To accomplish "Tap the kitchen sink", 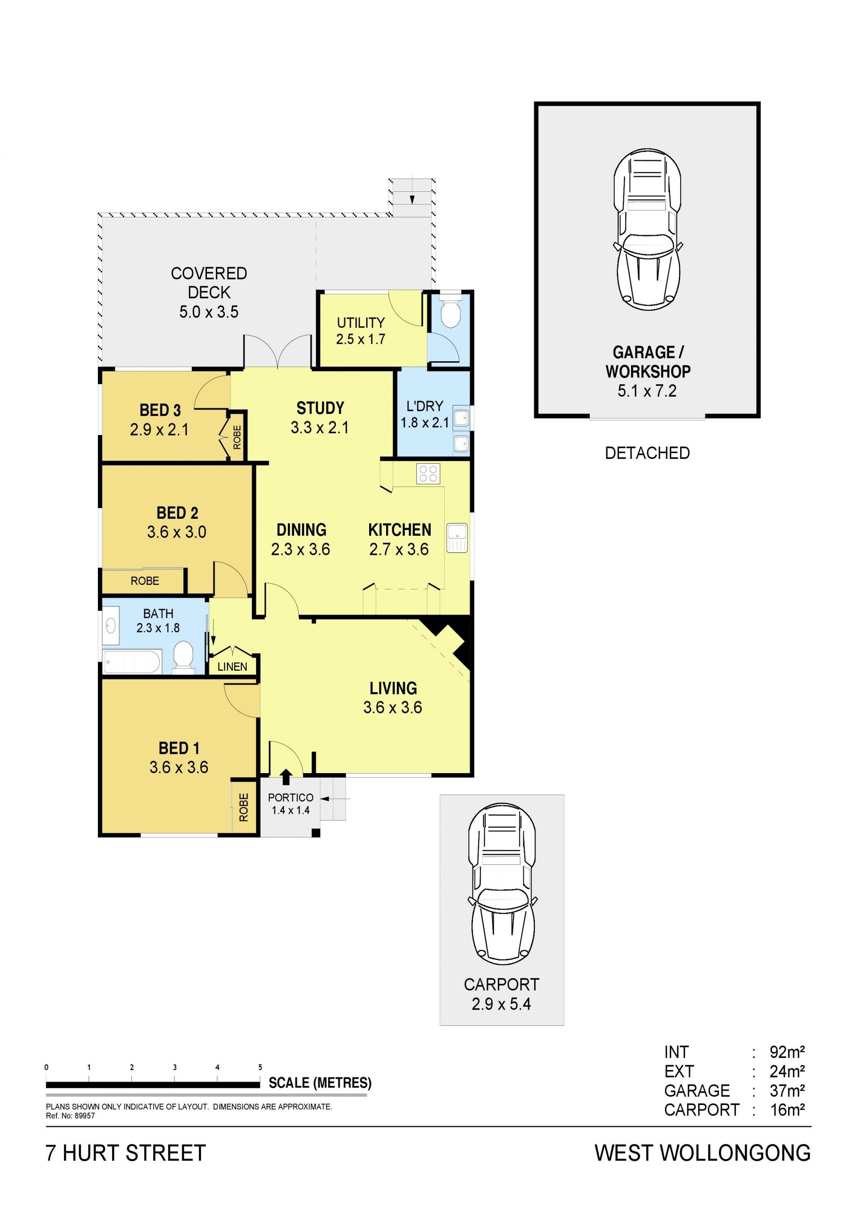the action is [x=457, y=538].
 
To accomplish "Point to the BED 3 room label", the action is [x=160, y=410].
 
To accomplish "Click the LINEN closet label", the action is [x=232, y=667].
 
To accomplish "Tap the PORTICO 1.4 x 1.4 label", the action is [x=290, y=804].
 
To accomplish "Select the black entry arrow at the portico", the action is [x=286, y=777].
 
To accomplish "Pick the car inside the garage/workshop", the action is [x=648, y=229].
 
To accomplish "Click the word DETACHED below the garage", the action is [x=647, y=453].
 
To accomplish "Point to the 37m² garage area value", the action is [x=786, y=1090].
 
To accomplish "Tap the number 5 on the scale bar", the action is [x=260, y=1067].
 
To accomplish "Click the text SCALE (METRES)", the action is [x=320, y=1083].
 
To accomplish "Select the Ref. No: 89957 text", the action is [x=70, y=1116].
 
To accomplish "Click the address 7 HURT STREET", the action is [x=126, y=1153].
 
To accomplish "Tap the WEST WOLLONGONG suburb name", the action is [x=702, y=1153].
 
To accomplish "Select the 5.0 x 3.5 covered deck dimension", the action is [x=209, y=312].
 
